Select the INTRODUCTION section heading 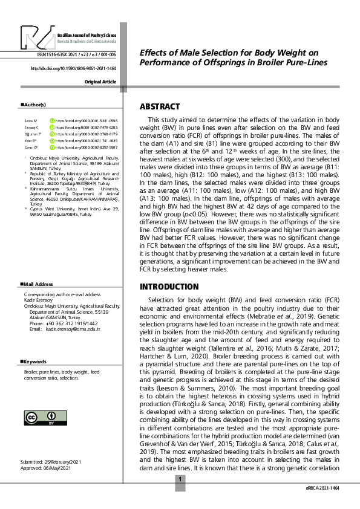click(169, 286)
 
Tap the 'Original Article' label click(100, 81)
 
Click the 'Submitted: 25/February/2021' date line click(51, 461)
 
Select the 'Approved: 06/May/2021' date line click(45, 467)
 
